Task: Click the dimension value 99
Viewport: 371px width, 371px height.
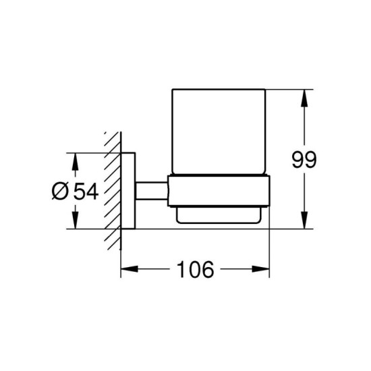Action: (x=304, y=160)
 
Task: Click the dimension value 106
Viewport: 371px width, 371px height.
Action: (x=196, y=270)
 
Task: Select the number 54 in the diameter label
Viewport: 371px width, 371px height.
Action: (x=86, y=192)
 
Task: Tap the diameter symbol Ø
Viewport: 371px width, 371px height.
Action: (x=60, y=192)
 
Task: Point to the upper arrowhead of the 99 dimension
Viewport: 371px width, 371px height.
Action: (x=304, y=98)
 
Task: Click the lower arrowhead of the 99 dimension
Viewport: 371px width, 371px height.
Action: (x=304, y=221)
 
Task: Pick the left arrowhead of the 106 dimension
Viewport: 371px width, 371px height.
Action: (x=130, y=269)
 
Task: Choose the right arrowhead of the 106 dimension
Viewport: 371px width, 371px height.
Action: (x=261, y=269)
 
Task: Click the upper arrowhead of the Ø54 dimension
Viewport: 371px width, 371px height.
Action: (x=75, y=162)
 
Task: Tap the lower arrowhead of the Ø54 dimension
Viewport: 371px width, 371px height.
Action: (x=75, y=221)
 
